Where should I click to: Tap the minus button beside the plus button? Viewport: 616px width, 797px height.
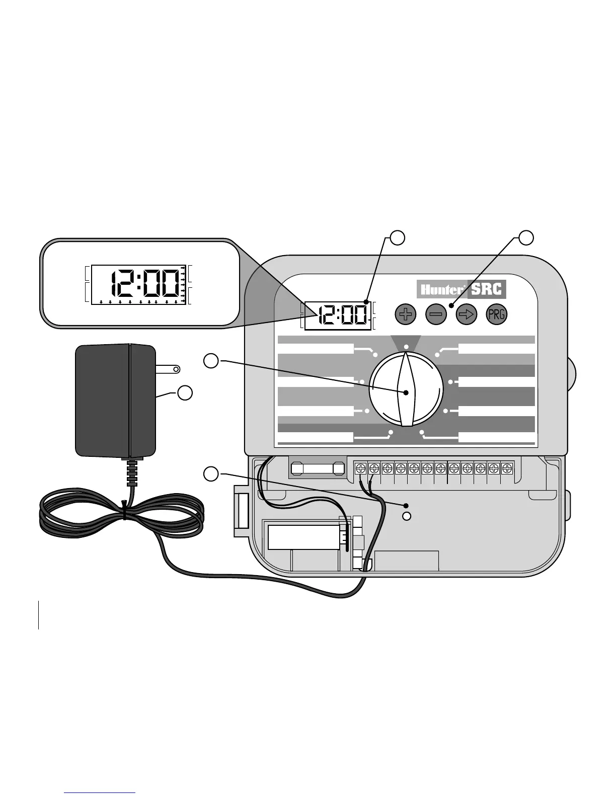point(436,315)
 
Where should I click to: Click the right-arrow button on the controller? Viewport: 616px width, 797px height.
point(467,315)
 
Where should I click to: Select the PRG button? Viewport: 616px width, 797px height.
point(496,315)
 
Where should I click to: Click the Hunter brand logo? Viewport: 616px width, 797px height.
point(441,290)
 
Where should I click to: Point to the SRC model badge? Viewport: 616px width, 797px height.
point(487,289)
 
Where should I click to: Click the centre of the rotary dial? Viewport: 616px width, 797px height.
point(406,392)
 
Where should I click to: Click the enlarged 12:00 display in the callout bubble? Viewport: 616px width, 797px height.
point(145,284)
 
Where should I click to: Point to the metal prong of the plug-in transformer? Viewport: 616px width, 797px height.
point(168,369)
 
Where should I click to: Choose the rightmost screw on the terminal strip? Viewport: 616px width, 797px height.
point(506,468)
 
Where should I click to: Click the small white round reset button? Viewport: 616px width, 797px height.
point(408,516)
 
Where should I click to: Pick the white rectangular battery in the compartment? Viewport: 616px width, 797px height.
point(303,537)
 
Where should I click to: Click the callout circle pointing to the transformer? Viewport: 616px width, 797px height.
point(185,393)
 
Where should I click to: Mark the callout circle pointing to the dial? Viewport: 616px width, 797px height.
point(211,360)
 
